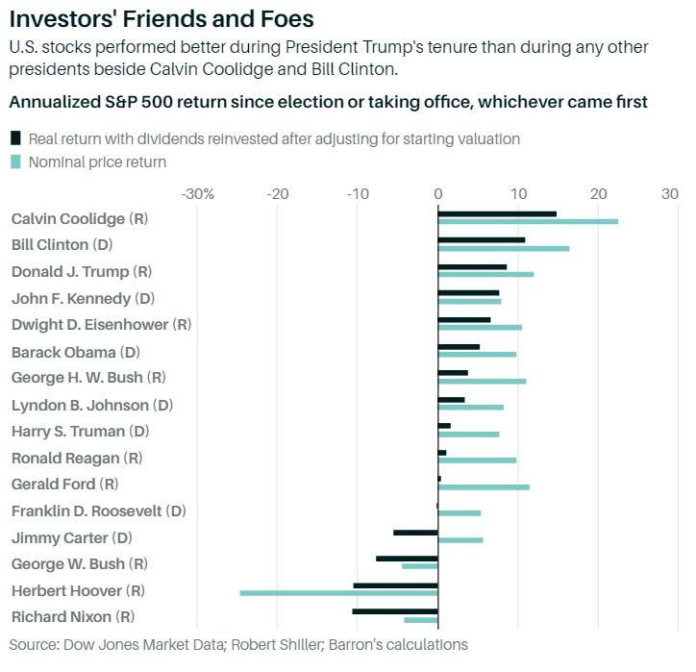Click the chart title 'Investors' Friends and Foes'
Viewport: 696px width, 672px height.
[x=162, y=18]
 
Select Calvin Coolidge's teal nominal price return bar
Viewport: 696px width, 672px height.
[x=528, y=221]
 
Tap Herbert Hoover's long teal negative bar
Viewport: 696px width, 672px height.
[x=338, y=593]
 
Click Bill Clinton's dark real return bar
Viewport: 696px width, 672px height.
[x=482, y=239]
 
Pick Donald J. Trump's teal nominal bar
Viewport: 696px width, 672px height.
[x=485, y=274]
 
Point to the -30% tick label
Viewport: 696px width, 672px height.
[x=197, y=193]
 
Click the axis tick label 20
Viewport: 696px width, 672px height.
[x=598, y=193]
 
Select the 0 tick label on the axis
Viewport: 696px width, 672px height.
[x=438, y=193]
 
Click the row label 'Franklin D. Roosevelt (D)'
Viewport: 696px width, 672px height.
[x=98, y=510]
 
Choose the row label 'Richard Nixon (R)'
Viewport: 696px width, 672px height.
[x=72, y=616]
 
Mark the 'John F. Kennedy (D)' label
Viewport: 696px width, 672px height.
[x=83, y=298]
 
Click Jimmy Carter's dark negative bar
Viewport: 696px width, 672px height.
[x=415, y=532]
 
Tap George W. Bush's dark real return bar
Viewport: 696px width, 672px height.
[x=407, y=558]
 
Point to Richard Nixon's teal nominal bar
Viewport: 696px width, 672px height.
[x=421, y=620]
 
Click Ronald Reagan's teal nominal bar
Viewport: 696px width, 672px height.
[x=477, y=460]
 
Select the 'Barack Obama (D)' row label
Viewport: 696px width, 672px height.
[x=76, y=352]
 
